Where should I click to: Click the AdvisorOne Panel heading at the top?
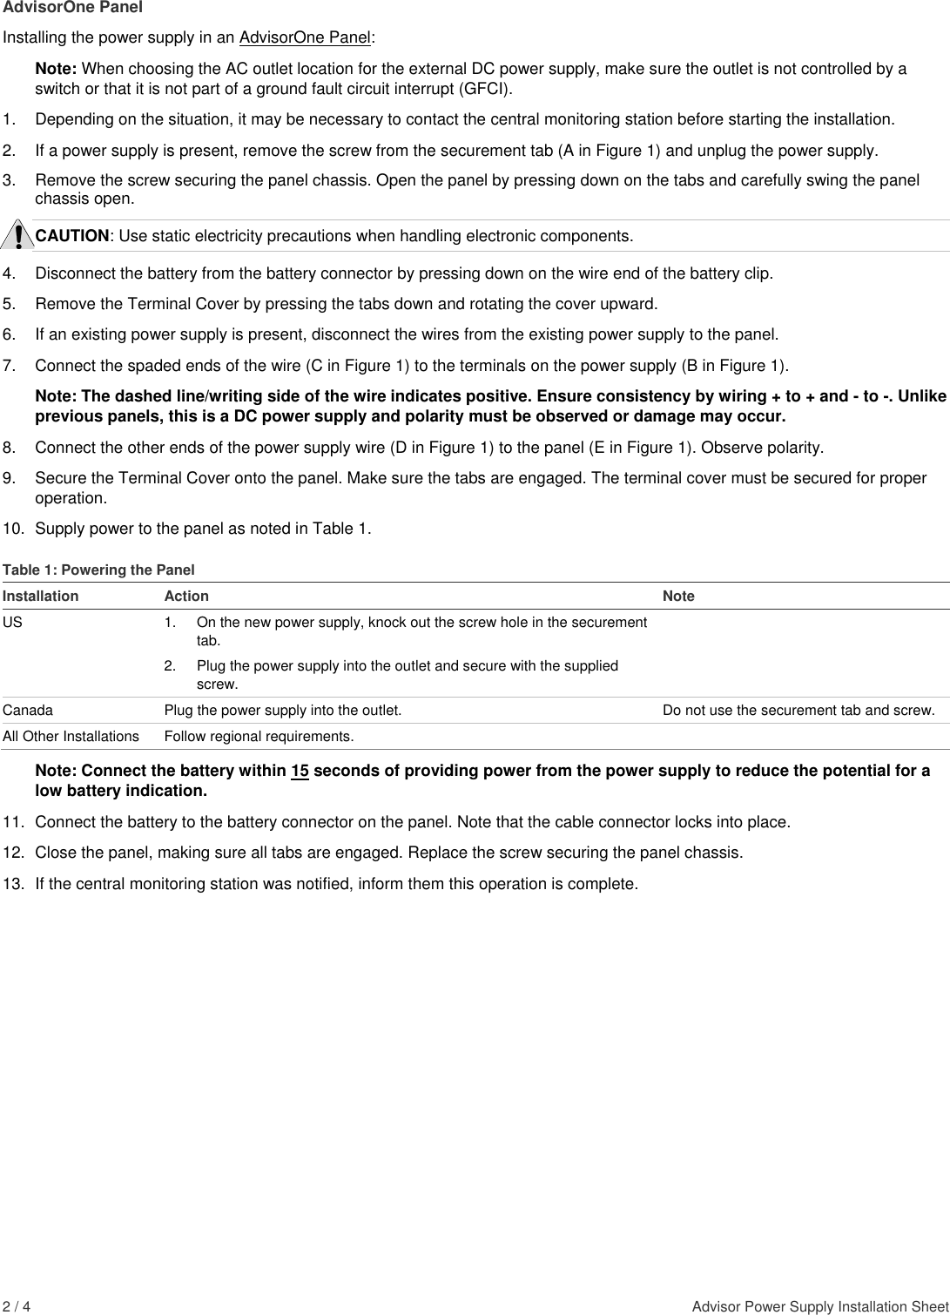click(73, 8)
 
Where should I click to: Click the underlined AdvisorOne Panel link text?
click(305, 38)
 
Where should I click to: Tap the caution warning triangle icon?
click(17, 235)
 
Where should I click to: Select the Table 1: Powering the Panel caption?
click(98, 570)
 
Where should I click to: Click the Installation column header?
click(40, 597)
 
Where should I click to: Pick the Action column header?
click(186, 597)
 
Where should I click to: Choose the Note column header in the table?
click(678, 597)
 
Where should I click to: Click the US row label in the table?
click(12, 624)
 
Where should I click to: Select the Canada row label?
click(28, 711)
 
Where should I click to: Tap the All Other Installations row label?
click(71, 737)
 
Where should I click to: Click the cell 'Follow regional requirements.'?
click(259, 737)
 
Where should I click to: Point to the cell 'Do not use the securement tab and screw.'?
click(798, 711)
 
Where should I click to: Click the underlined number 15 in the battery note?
click(300, 772)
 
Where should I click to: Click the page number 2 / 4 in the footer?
click(17, 1307)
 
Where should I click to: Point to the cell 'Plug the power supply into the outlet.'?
click(283, 711)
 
